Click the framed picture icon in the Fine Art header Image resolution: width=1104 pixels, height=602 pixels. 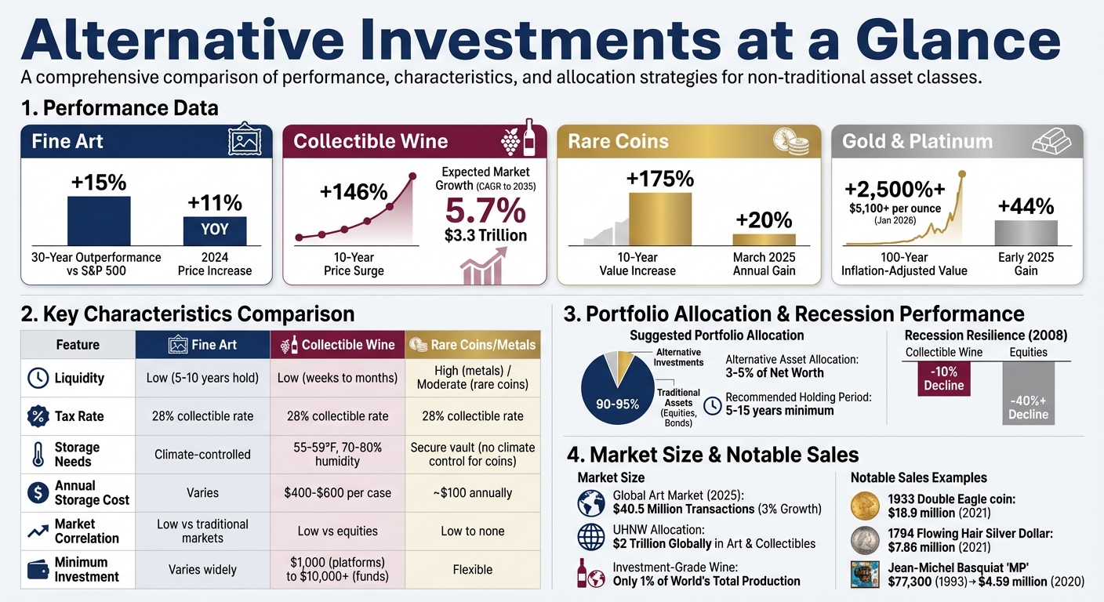click(x=244, y=141)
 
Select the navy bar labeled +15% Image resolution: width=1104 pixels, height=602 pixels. click(x=99, y=221)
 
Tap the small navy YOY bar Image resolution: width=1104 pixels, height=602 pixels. click(x=215, y=230)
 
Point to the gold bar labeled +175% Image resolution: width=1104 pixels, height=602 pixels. click(x=660, y=220)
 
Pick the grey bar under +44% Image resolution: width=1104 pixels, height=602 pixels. click(x=1026, y=233)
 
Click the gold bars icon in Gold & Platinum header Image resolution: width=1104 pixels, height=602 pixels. click(x=1051, y=141)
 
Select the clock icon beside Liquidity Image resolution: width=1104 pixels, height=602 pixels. click(x=38, y=378)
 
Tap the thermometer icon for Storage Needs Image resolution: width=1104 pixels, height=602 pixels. click(x=38, y=455)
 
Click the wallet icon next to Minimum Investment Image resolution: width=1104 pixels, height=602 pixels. click(x=38, y=570)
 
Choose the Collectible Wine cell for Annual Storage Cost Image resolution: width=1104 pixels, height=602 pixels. click(x=338, y=493)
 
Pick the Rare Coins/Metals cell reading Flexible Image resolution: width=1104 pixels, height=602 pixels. click(x=472, y=570)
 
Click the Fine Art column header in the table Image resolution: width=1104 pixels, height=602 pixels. click(x=202, y=345)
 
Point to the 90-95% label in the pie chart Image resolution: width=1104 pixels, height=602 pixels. click(x=619, y=404)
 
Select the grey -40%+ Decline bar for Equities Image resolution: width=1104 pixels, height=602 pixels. click(x=1028, y=393)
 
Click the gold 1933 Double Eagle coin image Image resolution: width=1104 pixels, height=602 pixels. click(x=865, y=506)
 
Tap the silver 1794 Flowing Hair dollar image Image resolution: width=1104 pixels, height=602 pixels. click(x=865, y=540)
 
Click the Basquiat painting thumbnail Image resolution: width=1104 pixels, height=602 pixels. click(x=865, y=575)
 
